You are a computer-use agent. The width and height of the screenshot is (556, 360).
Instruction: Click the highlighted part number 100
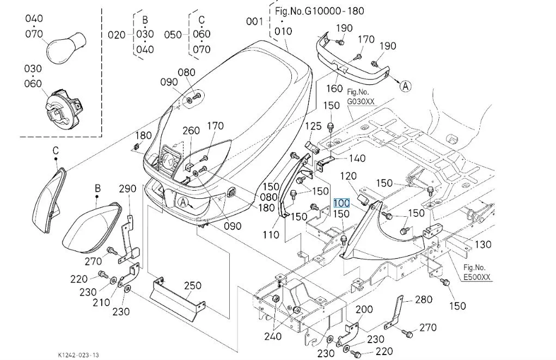(x=341, y=203)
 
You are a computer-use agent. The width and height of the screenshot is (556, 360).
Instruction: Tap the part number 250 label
(x=193, y=285)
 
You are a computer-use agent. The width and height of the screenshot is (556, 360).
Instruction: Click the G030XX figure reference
(x=361, y=101)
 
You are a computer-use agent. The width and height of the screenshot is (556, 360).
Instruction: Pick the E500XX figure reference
(x=476, y=277)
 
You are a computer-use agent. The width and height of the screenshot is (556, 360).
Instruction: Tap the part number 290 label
(x=127, y=189)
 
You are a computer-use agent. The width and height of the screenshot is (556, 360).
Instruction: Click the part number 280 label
(x=424, y=300)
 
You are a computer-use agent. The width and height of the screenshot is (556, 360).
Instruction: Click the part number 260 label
(x=191, y=130)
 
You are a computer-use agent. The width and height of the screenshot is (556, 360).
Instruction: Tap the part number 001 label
(x=254, y=21)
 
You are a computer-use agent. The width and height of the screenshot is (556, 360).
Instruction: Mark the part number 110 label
(x=271, y=235)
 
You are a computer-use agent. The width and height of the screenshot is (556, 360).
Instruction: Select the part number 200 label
(x=364, y=310)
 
